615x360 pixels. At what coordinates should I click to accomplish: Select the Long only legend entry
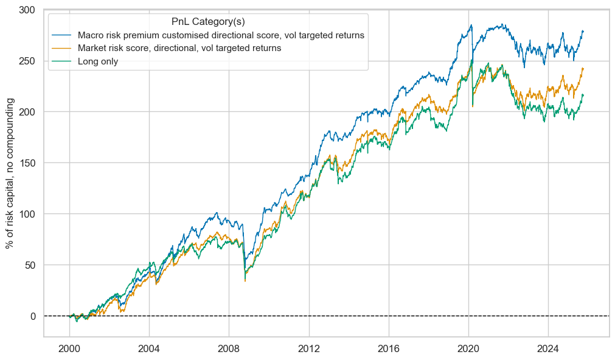[94, 61]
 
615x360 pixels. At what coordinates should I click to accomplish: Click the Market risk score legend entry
[175, 49]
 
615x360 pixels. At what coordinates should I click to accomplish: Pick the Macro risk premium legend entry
[217, 35]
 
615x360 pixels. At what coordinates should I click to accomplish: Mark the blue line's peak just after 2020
[471, 25]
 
